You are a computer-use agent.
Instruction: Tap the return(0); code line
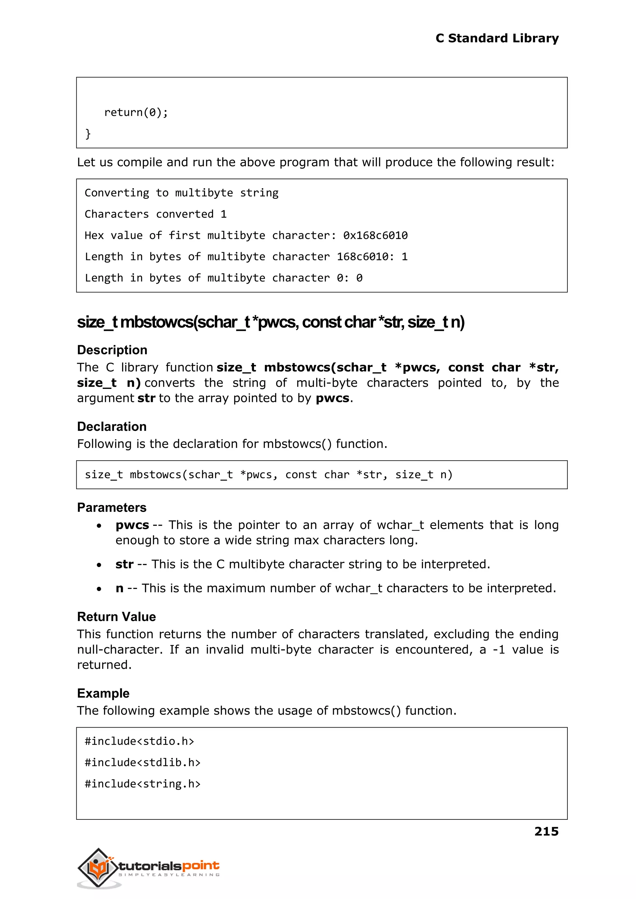coord(136,112)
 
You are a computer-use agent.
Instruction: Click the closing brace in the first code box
coord(88,134)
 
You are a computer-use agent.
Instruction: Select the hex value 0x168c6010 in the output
coord(375,235)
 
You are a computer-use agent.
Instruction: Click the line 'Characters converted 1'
coord(156,214)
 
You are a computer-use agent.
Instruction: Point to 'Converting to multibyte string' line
coord(181,193)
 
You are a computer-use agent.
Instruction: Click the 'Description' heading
coord(112,350)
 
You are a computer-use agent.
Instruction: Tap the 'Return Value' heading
coord(116,617)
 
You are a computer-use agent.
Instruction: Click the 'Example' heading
coord(103,693)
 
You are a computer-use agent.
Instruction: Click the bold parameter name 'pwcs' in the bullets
coord(132,525)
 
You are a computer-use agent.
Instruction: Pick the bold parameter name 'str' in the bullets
coord(124,564)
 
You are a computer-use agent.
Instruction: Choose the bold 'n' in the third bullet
coord(120,588)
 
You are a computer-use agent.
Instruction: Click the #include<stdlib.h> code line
coord(143,762)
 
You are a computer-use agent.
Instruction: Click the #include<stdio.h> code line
coord(139,741)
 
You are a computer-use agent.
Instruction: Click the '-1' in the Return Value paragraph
coord(498,650)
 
